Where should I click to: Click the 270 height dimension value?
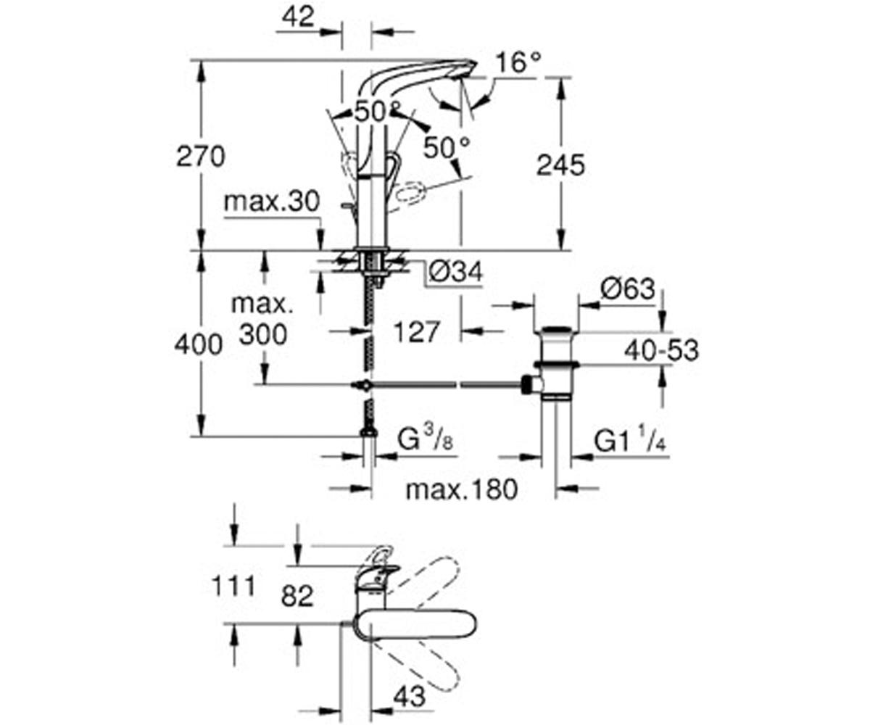[201, 156]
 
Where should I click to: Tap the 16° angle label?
[518, 63]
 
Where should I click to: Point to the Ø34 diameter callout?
[455, 273]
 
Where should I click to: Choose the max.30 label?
[271, 202]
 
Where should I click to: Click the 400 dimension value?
[198, 345]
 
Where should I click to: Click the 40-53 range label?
[661, 350]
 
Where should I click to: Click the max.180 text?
[461, 489]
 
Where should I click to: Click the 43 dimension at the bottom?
[409, 697]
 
